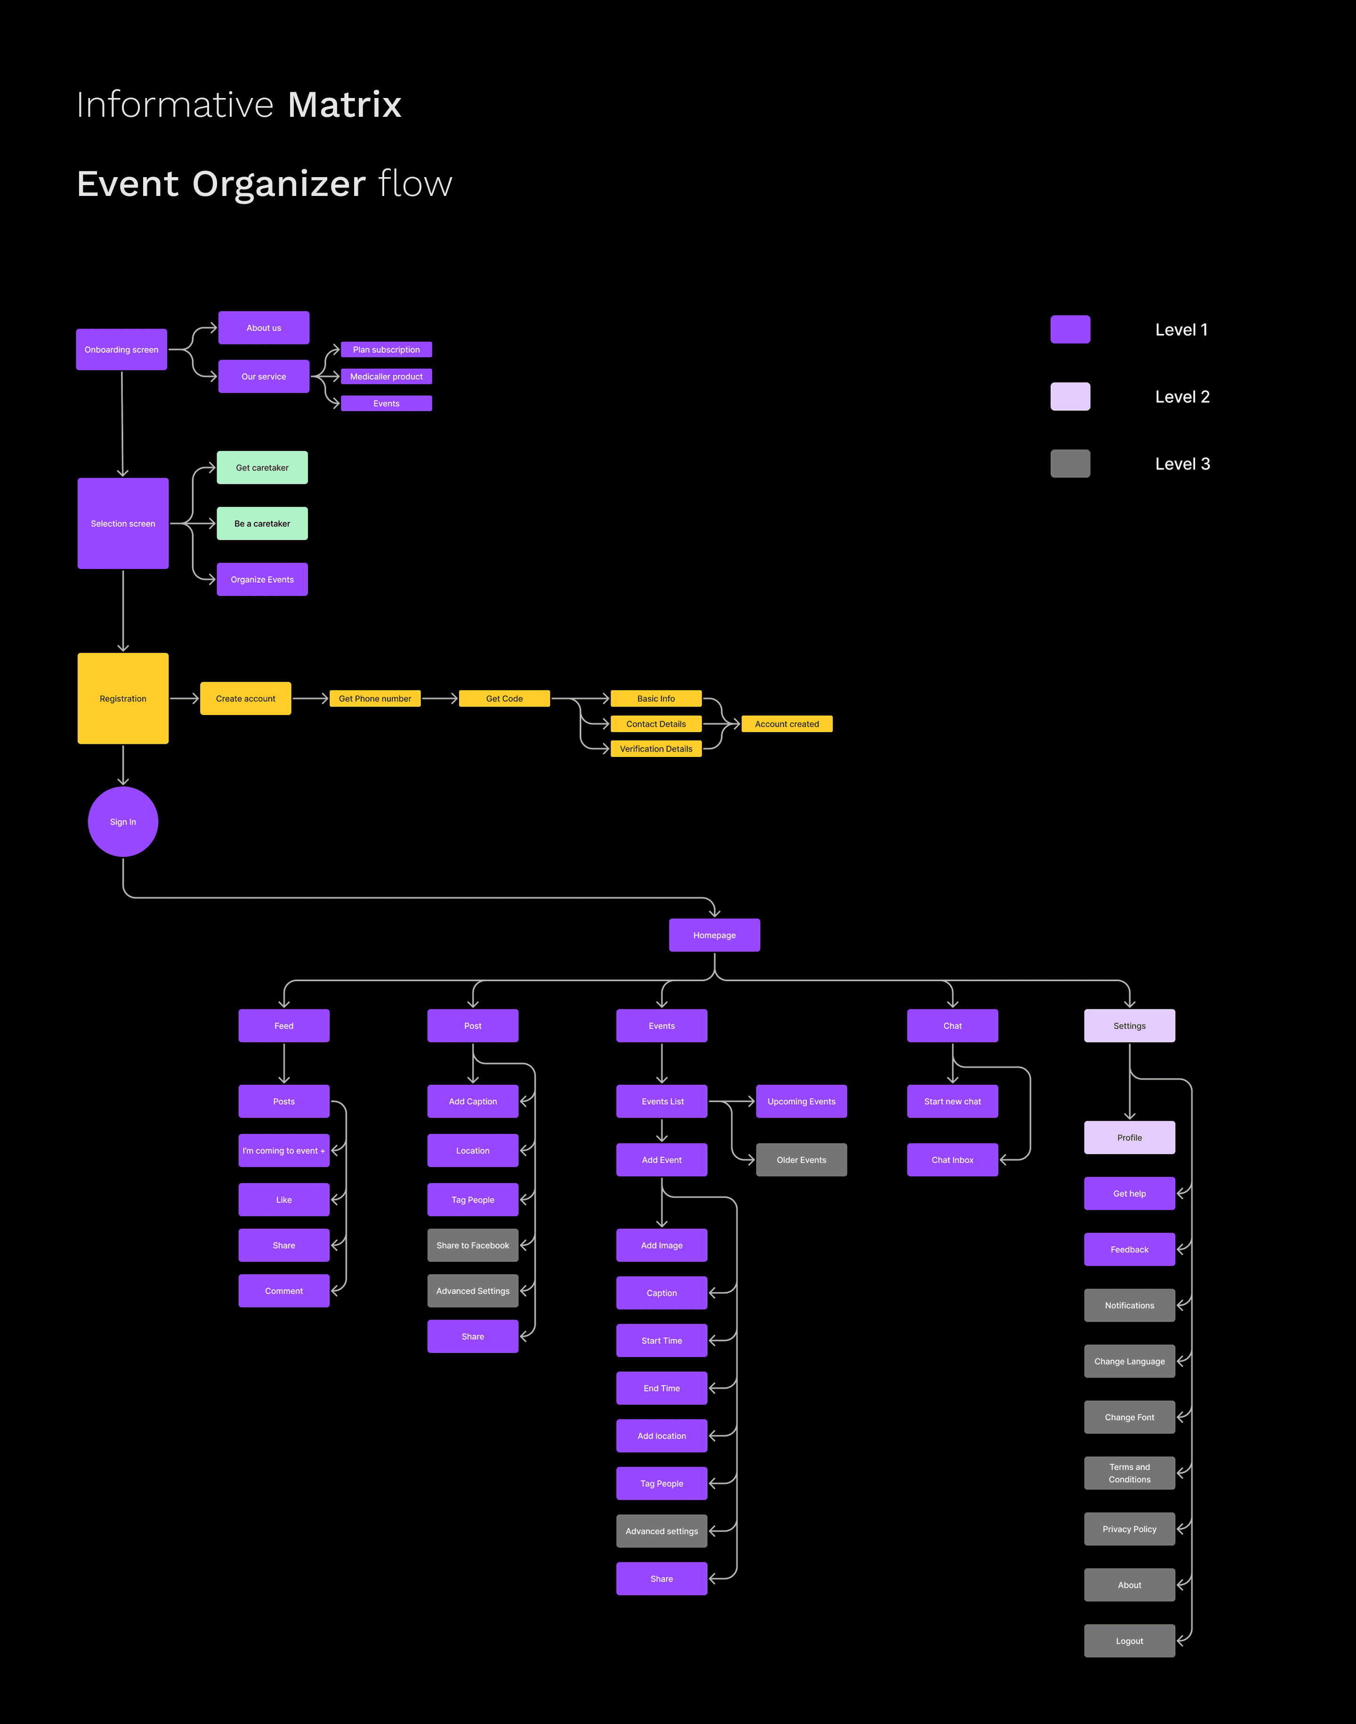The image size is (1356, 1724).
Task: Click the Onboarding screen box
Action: point(121,350)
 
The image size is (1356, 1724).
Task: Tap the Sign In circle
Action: point(123,822)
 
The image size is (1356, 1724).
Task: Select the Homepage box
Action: point(715,935)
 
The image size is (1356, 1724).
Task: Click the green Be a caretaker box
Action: point(262,523)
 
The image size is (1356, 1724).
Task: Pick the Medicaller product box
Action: point(387,376)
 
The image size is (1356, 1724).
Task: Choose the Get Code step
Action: point(504,699)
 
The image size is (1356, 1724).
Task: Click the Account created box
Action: point(787,724)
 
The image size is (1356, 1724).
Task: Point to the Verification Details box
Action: point(656,749)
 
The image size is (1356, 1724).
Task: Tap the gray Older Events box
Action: point(801,1160)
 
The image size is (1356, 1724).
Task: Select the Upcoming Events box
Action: point(801,1101)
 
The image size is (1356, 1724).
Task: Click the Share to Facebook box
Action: point(472,1245)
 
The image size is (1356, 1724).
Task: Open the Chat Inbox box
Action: point(952,1160)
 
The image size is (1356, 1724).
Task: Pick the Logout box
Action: point(1129,1641)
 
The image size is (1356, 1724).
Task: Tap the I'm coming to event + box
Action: point(283,1151)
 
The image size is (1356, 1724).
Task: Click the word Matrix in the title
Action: point(345,105)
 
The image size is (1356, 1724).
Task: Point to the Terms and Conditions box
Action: point(1129,1473)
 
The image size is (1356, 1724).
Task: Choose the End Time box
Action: point(662,1388)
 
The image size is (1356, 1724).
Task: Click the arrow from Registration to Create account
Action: point(184,699)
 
